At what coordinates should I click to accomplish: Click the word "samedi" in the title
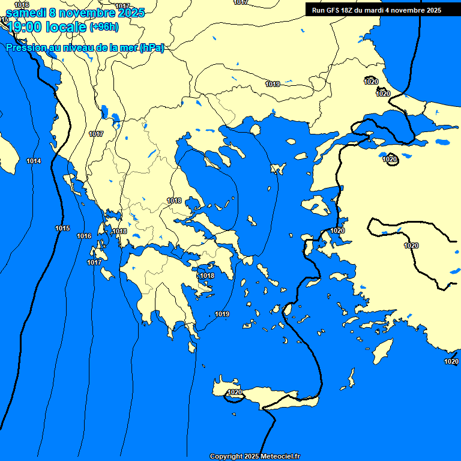26,13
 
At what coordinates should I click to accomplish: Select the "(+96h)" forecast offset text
104,26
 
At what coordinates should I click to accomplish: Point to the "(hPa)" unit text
151,48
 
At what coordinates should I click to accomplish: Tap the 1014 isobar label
34,161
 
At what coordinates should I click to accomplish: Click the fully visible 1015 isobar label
62,229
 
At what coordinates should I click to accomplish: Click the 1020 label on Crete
235,393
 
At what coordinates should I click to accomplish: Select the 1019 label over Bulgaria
273,85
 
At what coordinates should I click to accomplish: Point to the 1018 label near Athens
207,276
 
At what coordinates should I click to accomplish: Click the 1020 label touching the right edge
451,361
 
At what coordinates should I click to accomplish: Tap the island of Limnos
278,169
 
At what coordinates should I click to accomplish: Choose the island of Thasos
255,130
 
